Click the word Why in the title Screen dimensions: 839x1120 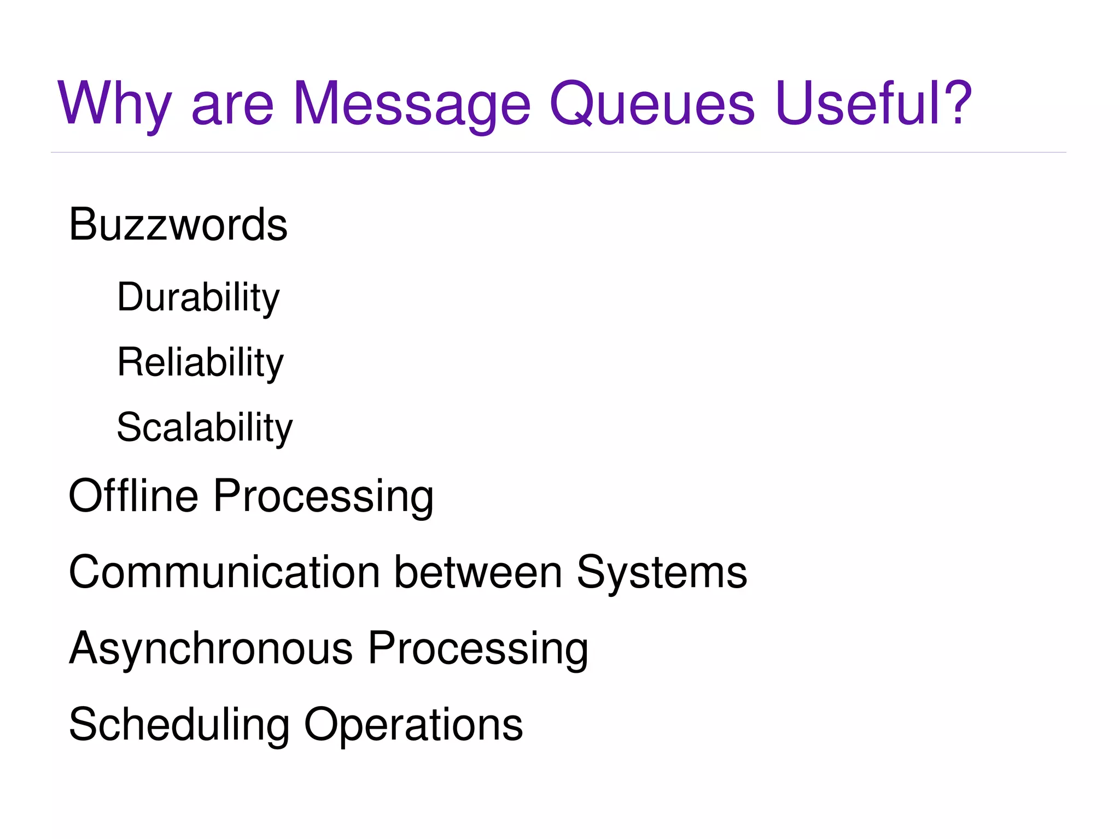tap(115, 104)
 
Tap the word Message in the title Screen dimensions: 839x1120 tap(411, 104)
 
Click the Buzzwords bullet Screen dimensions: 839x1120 tap(178, 225)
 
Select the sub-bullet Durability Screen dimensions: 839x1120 tap(198, 298)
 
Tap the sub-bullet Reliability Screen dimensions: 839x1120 tap(200, 363)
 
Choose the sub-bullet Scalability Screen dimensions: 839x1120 tap(205, 428)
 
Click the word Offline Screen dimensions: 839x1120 tap(133, 495)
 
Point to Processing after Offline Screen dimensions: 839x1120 tap(323, 496)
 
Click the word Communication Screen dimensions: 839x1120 tap(224, 572)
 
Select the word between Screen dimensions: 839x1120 tap(478, 572)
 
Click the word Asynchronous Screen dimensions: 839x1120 tap(211, 649)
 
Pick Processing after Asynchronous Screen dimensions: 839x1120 tap(477, 649)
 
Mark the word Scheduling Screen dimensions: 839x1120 tap(179, 725)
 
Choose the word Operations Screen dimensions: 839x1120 tap(413, 725)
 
